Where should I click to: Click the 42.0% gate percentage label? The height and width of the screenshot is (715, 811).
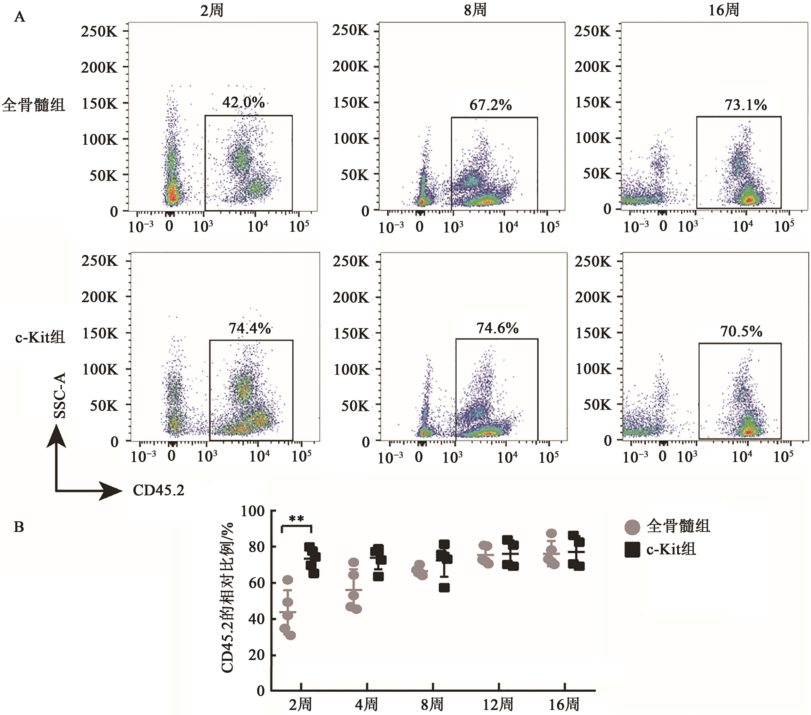coord(243,103)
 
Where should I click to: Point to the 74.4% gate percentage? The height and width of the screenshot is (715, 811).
coord(250,328)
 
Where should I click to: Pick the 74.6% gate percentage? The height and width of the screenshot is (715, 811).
coord(498,328)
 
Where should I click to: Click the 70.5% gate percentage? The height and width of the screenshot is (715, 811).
coord(741,331)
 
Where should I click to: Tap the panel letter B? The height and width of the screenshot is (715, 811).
coord(19,527)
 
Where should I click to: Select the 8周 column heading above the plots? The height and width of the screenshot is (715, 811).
coord(475,10)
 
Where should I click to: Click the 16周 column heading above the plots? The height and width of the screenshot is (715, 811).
coord(724,10)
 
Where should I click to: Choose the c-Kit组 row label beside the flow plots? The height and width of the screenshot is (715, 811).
coord(40,337)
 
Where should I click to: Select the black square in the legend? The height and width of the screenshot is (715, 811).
coord(632,550)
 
